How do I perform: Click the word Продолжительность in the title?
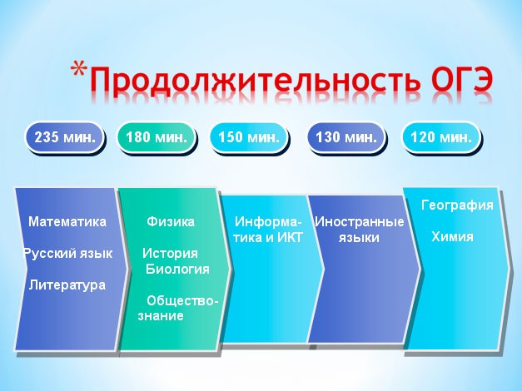255,80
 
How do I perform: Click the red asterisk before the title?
79,71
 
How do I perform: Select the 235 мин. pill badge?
64,137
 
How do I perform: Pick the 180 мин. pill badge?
156,137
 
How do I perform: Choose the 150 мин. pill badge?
248,137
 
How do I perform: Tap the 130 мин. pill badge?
346,137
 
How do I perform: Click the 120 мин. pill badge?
440,137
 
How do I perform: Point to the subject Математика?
67,221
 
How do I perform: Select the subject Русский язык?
68,254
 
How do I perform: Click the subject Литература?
67,285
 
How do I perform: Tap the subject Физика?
171,221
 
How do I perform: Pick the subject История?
170,254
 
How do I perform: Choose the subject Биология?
177,269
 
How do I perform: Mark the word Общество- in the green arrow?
182,301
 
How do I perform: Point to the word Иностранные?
359,221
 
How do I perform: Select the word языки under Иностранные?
359,238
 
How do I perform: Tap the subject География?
457,205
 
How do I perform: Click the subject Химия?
452,236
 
